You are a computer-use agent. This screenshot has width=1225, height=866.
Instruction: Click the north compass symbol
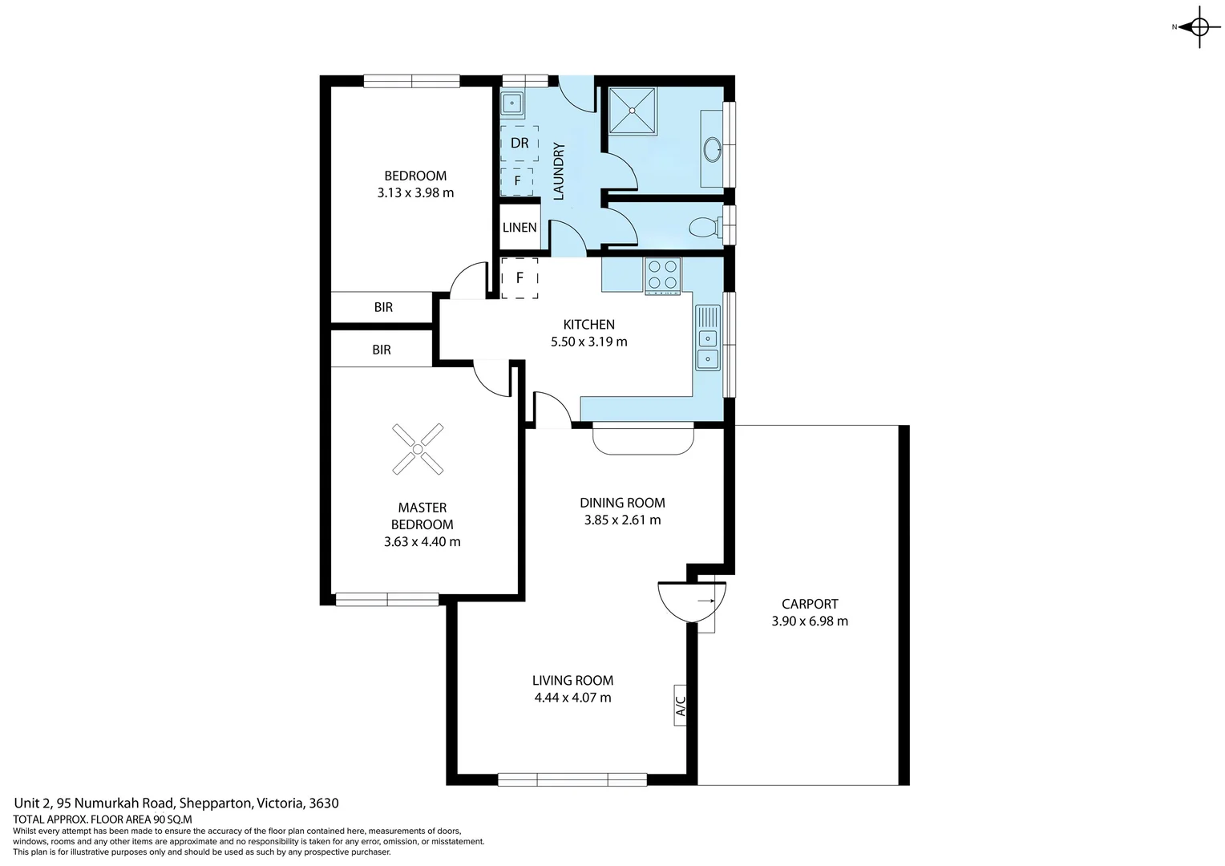coord(1199,27)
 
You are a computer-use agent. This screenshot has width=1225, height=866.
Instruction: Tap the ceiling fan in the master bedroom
coord(417,448)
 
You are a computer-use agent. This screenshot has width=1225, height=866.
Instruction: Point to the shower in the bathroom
coord(632,111)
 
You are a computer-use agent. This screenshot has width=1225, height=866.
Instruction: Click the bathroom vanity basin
coord(712,149)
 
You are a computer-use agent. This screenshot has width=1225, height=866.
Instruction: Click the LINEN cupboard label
coord(520,228)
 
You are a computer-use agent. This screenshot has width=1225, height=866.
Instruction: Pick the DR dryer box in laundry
coord(520,144)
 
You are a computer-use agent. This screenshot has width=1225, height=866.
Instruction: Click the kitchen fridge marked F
coord(520,278)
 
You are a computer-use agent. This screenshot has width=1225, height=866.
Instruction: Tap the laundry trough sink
coord(511,103)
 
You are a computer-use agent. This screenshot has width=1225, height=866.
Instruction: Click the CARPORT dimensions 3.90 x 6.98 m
coord(810,621)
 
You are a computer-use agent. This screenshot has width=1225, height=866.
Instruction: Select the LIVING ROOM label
coord(572,681)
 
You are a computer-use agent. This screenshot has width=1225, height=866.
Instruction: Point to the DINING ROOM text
coord(622,503)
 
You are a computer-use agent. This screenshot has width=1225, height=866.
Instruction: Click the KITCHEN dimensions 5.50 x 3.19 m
coord(588,342)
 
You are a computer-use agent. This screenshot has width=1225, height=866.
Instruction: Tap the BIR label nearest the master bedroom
coord(382,350)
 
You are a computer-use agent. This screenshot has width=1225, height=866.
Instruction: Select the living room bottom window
coord(572,779)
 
